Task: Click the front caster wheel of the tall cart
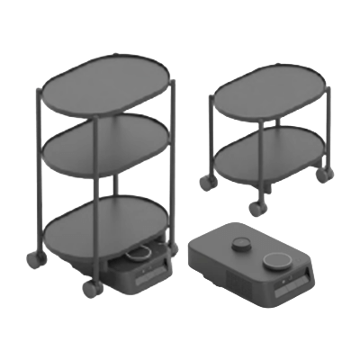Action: coord(91,290)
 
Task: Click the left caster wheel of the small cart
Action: coord(206,182)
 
